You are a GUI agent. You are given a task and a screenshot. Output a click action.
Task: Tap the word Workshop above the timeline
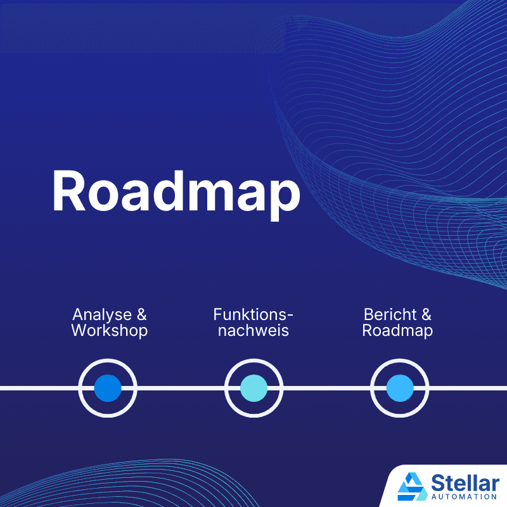(x=109, y=331)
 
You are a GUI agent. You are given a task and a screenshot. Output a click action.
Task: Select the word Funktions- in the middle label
(x=253, y=314)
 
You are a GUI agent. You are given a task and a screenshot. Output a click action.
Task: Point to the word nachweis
(x=253, y=331)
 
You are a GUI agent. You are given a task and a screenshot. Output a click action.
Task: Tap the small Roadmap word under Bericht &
(x=397, y=331)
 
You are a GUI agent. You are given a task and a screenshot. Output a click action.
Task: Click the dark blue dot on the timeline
(x=108, y=388)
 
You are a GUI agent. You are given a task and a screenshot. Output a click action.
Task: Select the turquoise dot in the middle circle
(x=253, y=388)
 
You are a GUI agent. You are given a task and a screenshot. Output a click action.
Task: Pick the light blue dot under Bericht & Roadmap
(x=400, y=388)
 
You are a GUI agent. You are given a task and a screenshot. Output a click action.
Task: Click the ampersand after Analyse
(x=142, y=315)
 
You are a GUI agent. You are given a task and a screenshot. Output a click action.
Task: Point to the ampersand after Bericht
(x=426, y=315)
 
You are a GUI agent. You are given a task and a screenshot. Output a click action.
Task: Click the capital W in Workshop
(x=79, y=331)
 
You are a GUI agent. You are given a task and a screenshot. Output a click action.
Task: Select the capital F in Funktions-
(x=217, y=314)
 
